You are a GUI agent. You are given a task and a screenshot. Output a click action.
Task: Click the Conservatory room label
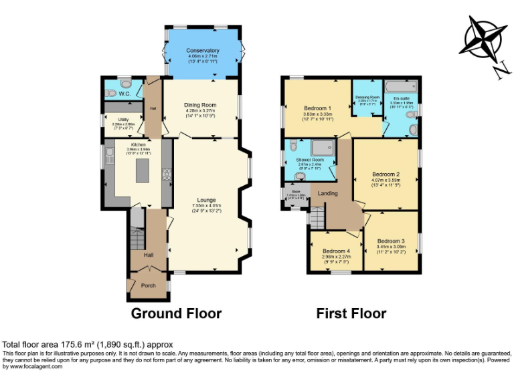tap(203, 50)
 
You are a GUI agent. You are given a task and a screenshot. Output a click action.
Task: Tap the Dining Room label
tap(201, 105)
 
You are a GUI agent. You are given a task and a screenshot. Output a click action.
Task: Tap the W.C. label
tap(124, 94)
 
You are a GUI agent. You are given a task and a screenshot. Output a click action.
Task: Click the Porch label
tap(148, 285)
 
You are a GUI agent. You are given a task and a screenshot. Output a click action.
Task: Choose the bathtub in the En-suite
tap(401, 86)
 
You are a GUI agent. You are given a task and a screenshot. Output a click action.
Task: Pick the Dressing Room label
tap(367, 98)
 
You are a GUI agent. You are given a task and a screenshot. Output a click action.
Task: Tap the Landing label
tap(327, 194)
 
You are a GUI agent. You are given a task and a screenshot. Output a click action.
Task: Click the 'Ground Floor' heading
tap(176, 313)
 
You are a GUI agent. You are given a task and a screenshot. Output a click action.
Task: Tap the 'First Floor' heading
tap(351, 313)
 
